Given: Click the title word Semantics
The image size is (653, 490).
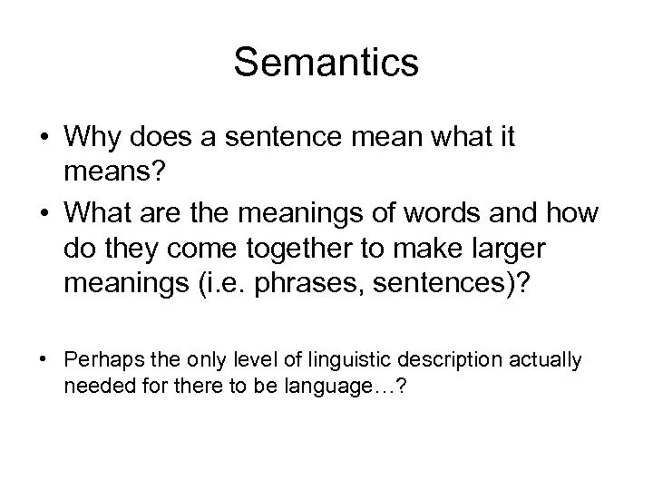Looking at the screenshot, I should click(326, 63).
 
